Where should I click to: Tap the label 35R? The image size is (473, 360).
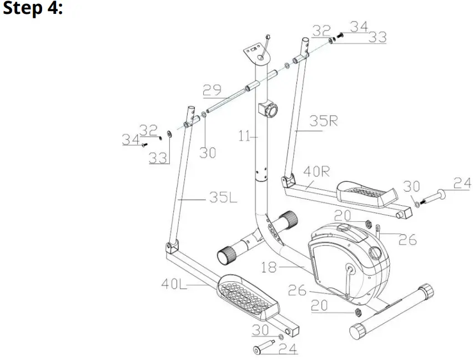point(324,121)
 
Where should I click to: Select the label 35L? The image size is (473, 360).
point(223,197)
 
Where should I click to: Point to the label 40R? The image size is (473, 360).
point(316,172)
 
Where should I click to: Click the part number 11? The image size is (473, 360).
point(245,135)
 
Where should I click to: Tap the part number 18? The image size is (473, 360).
point(269,267)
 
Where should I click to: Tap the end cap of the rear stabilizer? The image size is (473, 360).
point(360,327)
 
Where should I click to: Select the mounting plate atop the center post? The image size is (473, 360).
point(254,53)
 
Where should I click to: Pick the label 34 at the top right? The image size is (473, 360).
point(359,27)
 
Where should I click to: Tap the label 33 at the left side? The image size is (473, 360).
point(158,158)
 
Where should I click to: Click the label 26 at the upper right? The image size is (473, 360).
point(407,240)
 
